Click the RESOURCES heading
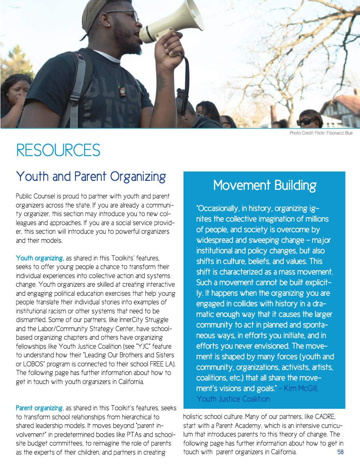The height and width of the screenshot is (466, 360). [58, 150]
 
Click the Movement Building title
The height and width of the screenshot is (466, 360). [265, 185]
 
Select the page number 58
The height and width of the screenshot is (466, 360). [340, 452]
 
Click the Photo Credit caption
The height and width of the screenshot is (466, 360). [321, 133]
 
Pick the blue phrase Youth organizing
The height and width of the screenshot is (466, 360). [40, 258]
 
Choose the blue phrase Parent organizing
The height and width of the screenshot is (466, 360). [39, 408]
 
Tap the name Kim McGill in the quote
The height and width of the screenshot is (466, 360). [304, 389]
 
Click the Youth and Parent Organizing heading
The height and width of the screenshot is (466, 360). [91, 177]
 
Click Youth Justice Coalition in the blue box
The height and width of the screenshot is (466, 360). [233, 399]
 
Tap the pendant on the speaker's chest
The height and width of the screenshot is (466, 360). [122, 91]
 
